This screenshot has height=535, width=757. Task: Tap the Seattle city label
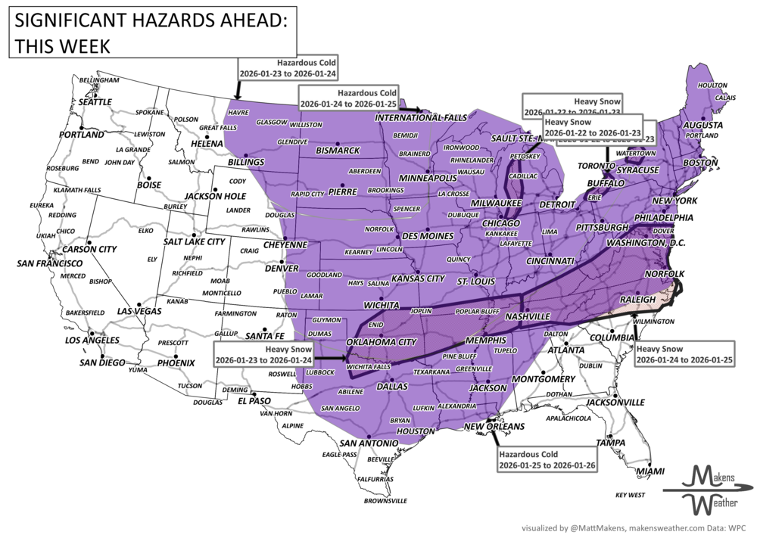(x=95, y=101)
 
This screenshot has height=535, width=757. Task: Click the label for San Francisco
(x=49, y=263)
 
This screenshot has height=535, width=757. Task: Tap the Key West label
(x=631, y=495)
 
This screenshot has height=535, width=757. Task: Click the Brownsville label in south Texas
(x=385, y=500)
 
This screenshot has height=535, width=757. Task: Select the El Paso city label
(x=250, y=400)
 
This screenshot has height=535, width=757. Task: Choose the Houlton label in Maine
(x=712, y=85)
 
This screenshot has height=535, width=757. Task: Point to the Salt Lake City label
(x=194, y=241)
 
